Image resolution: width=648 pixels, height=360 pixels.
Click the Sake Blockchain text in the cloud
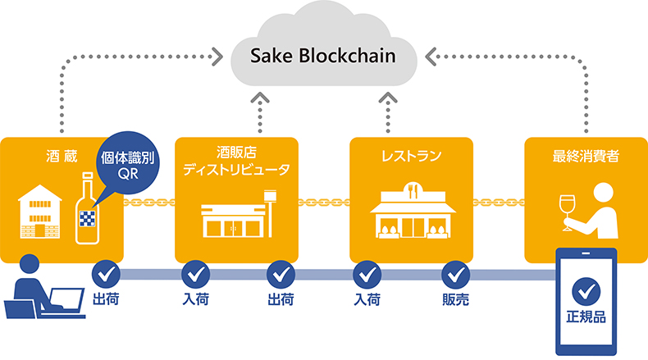coord(325,57)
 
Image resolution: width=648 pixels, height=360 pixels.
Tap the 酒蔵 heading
coord(62,153)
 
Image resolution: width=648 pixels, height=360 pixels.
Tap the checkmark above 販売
coord(455,272)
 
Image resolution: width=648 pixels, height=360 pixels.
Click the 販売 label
coord(455,299)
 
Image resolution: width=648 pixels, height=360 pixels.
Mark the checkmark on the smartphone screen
coord(586,289)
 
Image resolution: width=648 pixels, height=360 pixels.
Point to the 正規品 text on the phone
coord(586,317)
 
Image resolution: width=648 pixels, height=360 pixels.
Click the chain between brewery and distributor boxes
coord(149,201)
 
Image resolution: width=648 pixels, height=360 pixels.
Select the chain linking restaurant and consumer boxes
coord(499,201)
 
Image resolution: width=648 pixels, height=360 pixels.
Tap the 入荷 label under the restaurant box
coord(367,299)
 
